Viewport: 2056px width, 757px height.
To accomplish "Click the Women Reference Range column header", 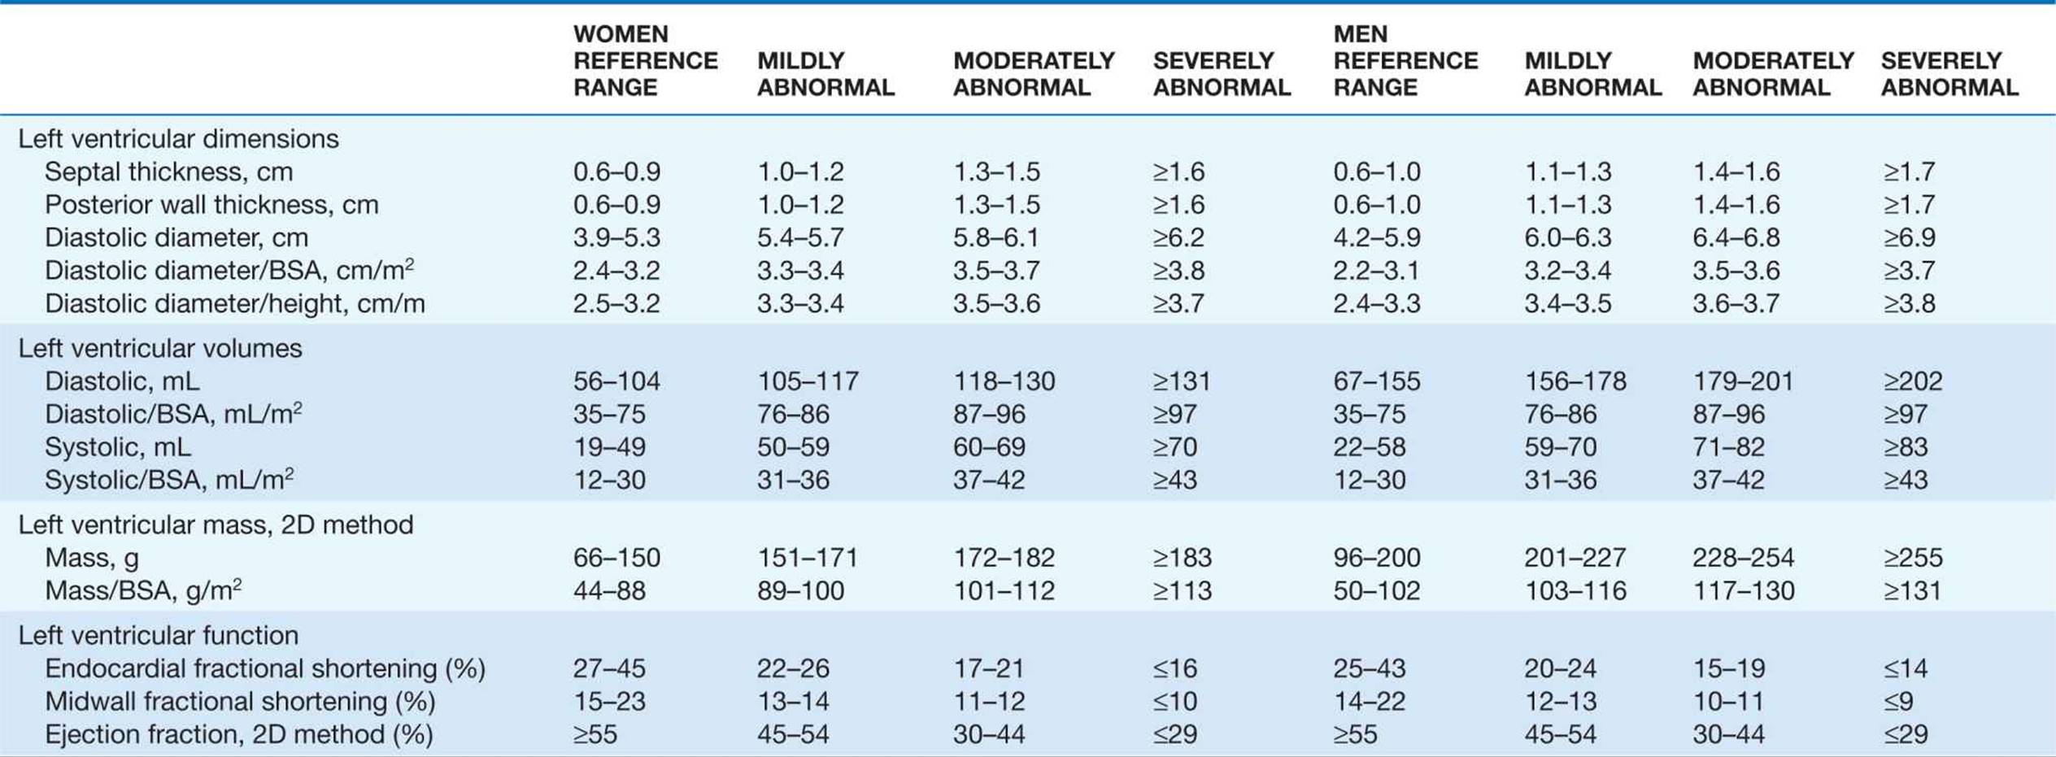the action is [645, 61].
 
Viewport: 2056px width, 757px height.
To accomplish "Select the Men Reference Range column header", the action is [1405, 61].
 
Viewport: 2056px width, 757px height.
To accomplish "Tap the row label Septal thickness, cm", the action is [168, 172].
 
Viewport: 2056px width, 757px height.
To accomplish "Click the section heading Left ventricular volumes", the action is [160, 348].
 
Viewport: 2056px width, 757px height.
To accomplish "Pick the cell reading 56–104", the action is [616, 381].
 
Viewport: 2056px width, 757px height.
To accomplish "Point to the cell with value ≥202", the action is [1911, 381].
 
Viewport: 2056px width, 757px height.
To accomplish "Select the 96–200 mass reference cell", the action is [1377, 558].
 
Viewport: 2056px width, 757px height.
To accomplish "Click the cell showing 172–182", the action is [1004, 558].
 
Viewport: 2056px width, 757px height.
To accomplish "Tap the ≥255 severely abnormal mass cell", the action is [1911, 558].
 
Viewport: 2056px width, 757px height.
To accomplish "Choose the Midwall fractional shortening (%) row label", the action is [240, 702].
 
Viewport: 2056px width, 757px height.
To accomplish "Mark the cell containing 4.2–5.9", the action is [1377, 237].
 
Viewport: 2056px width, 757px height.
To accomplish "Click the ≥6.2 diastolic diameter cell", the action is [1178, 237].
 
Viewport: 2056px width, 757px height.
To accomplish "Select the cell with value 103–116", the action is [1575, 591].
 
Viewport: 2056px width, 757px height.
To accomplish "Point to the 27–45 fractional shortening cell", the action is [609, 668].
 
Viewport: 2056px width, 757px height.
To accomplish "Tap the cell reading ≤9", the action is [1897, 702].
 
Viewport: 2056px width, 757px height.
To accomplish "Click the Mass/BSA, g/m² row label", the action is [143, 590].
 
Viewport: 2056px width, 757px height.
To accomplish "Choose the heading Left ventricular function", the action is [159, 635].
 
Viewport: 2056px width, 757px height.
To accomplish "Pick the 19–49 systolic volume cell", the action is [609, 447].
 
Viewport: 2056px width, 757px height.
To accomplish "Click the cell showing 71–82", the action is [1729, 447].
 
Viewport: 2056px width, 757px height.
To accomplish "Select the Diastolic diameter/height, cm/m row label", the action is [235, 303].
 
